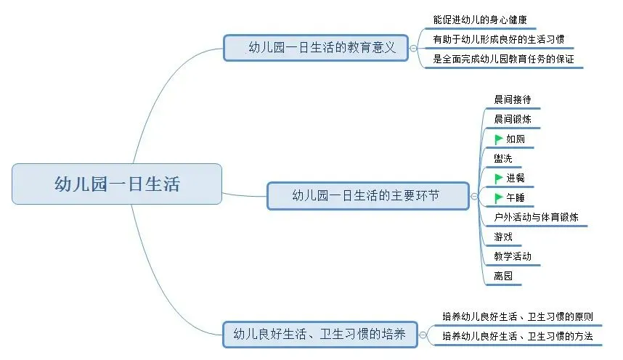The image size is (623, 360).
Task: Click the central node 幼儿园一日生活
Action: click(116, 184)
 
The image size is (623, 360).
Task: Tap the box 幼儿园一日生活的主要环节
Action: click(368, 195)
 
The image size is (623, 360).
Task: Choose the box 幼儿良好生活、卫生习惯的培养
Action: click(319, 335)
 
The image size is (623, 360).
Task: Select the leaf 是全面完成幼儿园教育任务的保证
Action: click(503, 60)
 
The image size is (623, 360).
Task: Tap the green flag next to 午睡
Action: click(498, 197)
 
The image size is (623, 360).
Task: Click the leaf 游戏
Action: click(502, 237)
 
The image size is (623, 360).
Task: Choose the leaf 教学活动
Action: click(512, 256)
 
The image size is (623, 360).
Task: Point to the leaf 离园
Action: click(502, 276)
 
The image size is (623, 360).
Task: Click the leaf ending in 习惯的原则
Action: click(517, 316)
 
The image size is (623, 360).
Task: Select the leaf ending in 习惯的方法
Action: click(517, 337)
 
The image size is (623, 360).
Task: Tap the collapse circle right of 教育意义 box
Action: click(413, 49)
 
